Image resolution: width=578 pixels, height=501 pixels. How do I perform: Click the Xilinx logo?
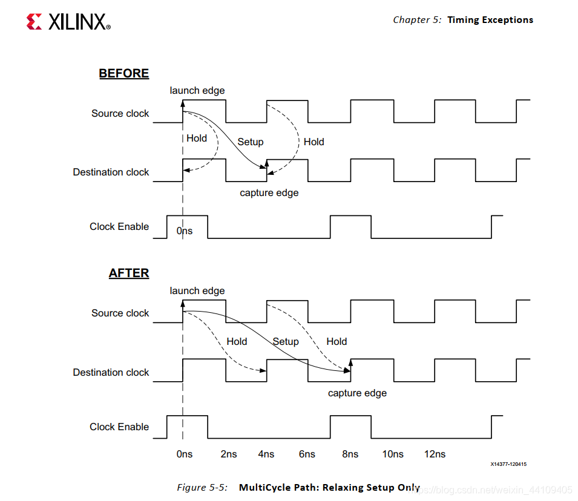tap(68, 22)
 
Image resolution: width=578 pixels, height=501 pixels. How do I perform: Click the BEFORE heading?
tap(123, 73)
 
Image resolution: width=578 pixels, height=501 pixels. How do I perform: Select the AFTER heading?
tap(128, 273)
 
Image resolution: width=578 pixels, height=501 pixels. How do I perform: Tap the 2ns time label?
tap(229, 454)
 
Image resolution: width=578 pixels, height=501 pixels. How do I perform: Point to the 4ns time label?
tap(266, 454)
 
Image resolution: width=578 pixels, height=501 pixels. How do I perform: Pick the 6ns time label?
tap(307, 454)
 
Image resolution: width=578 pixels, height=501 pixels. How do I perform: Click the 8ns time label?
tap(350, 454)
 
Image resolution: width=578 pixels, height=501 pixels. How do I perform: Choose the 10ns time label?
tap(392, 454)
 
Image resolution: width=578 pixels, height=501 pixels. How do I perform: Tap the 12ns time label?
tap(435, 454)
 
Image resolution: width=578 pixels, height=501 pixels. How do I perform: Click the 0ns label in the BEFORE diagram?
tap(185, 231)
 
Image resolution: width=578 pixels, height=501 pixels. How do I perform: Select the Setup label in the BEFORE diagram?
tap(250, 142)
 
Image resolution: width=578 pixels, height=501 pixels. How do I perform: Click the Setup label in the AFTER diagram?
tap(286, 341)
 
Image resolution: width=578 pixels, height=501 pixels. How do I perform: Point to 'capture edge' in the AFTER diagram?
tap(357, 393)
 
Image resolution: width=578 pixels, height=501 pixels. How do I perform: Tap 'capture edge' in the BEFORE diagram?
tap(269, 193)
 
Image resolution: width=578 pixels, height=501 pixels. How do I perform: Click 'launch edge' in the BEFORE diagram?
tap(197, 90)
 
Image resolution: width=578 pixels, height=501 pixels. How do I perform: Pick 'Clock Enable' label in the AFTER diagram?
tap(119, 427)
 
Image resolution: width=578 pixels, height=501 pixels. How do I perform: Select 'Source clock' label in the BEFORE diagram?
tap(120, 113)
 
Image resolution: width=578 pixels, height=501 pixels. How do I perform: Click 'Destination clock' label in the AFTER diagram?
tap(111, 372)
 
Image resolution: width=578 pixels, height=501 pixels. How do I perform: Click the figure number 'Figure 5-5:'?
tap(202, 487)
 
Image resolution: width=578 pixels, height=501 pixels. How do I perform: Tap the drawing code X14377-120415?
tap(509, 465)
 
